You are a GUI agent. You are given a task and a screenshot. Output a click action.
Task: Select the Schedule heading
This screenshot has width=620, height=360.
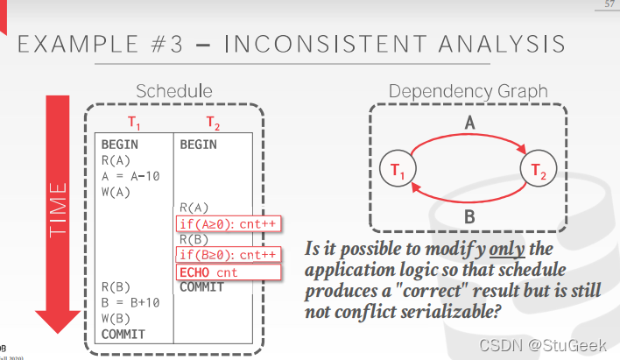174,91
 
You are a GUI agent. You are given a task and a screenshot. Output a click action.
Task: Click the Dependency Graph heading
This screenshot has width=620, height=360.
468,91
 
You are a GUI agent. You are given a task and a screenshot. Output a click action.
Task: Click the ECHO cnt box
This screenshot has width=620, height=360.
208,272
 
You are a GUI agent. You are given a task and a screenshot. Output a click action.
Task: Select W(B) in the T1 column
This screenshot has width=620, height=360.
116,318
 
